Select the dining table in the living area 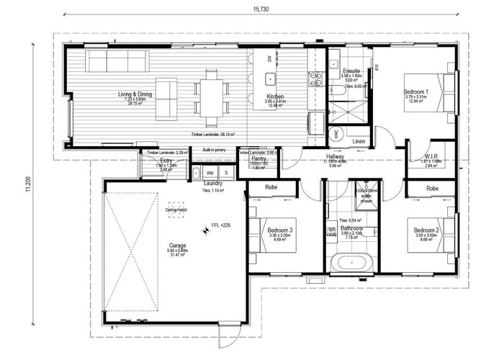(210, 96)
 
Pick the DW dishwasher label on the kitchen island (269, 59)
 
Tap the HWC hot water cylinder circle (336, 135)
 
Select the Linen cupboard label (359, 142)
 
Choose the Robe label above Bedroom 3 (271, 187)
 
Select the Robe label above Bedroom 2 (431, 188)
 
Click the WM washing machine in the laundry (210, 173)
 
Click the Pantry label (259, 158)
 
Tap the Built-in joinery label (214, 151)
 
